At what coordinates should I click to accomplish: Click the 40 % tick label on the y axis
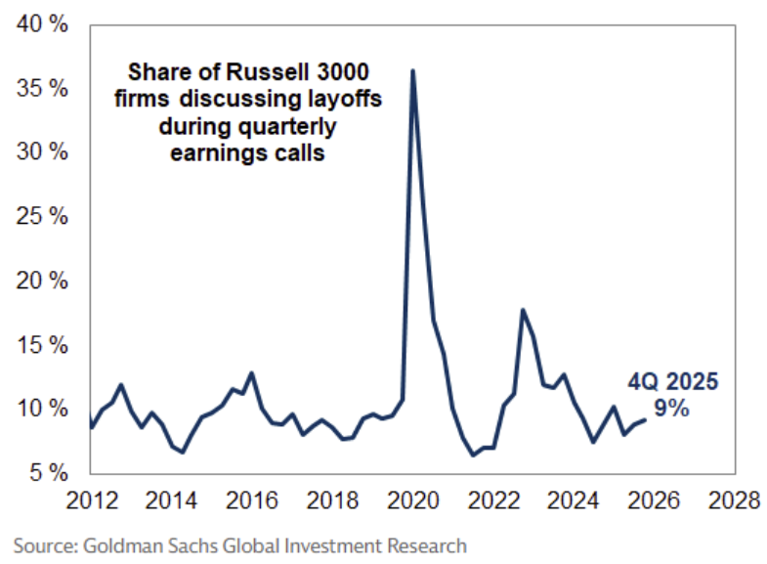(41, 24)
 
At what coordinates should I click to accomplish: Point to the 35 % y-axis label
(41, 89)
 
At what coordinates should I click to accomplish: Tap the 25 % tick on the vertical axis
(41, 217)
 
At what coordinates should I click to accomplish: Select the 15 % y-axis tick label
(41, 345)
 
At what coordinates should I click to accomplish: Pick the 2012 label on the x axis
(89, 500)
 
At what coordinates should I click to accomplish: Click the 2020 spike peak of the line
(413, 70)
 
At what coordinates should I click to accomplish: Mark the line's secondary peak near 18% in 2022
(524, 310)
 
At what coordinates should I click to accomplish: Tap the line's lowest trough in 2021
(473, 456)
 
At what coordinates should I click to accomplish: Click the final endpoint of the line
(645, 420)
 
